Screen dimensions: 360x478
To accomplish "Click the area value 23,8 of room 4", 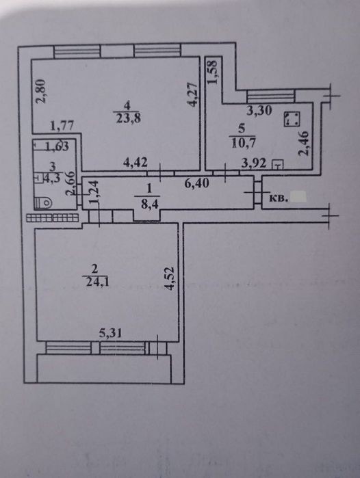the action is tap(129, 118).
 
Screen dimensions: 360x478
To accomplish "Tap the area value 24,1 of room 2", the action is tap(98, 282).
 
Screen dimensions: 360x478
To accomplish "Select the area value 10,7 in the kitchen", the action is tap(244, 142).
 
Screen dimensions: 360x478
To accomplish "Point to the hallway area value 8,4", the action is tap(149, 204).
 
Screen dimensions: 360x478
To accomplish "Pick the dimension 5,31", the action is tap(110, 333).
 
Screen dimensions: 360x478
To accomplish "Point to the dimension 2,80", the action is tap(40, 91).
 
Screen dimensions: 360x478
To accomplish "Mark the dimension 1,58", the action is tap(212, 72).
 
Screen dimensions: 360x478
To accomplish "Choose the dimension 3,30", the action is tap(259, 111).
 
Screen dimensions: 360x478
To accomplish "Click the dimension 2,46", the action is tap(304, 144).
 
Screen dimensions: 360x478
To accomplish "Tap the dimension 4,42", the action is tap(136, 162).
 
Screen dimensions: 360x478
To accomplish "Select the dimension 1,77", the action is tap(62, 126).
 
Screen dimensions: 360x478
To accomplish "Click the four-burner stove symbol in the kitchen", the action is tap(292, 119).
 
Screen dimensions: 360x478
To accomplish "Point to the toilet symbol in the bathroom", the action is tap(43, 202).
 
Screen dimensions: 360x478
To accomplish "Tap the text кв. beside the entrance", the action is tap(278, 198).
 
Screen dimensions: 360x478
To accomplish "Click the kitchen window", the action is tap(270, 96).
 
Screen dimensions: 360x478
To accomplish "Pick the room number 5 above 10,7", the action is tap(242, 129).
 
